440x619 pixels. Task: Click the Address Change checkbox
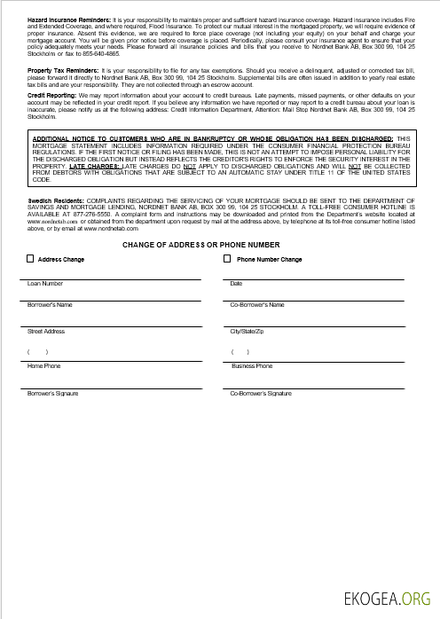click(30, 259)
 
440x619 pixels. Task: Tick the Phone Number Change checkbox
click(229, 259)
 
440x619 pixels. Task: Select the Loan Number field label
click(45, 284)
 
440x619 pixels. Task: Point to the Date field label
click(236, 284)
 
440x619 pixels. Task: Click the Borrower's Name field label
click(50, 304)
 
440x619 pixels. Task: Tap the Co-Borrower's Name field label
click(256, 304)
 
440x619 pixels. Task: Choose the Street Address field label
click(46, 331)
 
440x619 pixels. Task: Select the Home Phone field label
click(44, 365)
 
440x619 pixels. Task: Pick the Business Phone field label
click(252, 365)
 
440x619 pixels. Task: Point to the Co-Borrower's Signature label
click(260, 392)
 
